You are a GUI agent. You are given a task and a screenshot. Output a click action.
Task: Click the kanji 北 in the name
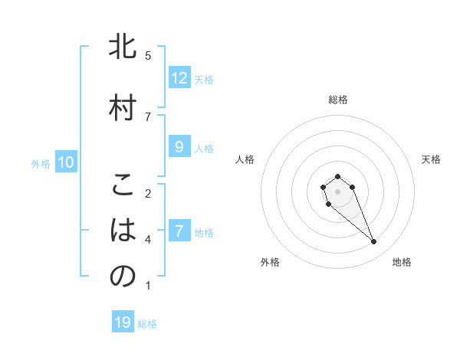point(122,47)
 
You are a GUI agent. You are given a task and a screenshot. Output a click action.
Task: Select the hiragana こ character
point(122,185)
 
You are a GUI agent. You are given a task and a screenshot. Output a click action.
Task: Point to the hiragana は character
point(122,231)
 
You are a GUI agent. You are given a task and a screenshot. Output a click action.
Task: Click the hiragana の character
point(122,277)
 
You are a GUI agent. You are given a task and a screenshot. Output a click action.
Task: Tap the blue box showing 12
point(179,78)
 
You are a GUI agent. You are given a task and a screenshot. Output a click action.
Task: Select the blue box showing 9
point(179,147)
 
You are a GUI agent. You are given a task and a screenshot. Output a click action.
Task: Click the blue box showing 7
point(179,231)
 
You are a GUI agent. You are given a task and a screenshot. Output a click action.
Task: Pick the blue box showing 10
point(66,162)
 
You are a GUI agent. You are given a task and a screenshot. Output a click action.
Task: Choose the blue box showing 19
point(123,322)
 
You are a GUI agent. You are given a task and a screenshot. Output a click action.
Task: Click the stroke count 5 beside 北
point(148,55)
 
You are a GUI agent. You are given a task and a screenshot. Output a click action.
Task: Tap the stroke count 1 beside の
point(148,286)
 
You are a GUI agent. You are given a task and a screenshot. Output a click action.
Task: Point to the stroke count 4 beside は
point(148,240)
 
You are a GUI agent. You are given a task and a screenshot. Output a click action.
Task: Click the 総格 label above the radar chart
point(338,100)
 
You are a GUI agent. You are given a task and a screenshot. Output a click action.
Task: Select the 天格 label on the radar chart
point(432,159)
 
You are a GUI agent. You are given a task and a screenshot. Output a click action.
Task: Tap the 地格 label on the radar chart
point(402,262)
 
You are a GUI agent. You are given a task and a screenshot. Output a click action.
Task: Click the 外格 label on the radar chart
point(270,262)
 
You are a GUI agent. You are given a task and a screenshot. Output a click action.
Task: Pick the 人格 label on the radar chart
point(245,159)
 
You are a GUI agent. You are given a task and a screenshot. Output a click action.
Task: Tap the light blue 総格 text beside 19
point(147,324)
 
